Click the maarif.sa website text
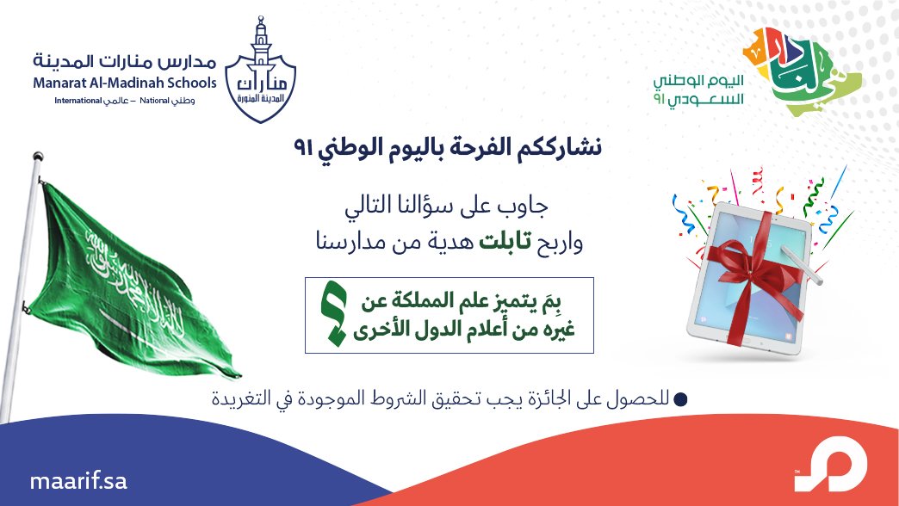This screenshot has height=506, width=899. tap(77, 480)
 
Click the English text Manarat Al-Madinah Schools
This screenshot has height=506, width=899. tap(125, 83)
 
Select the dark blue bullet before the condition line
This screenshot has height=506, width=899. tap(680, 399)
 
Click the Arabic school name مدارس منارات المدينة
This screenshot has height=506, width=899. tap(125, 62)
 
